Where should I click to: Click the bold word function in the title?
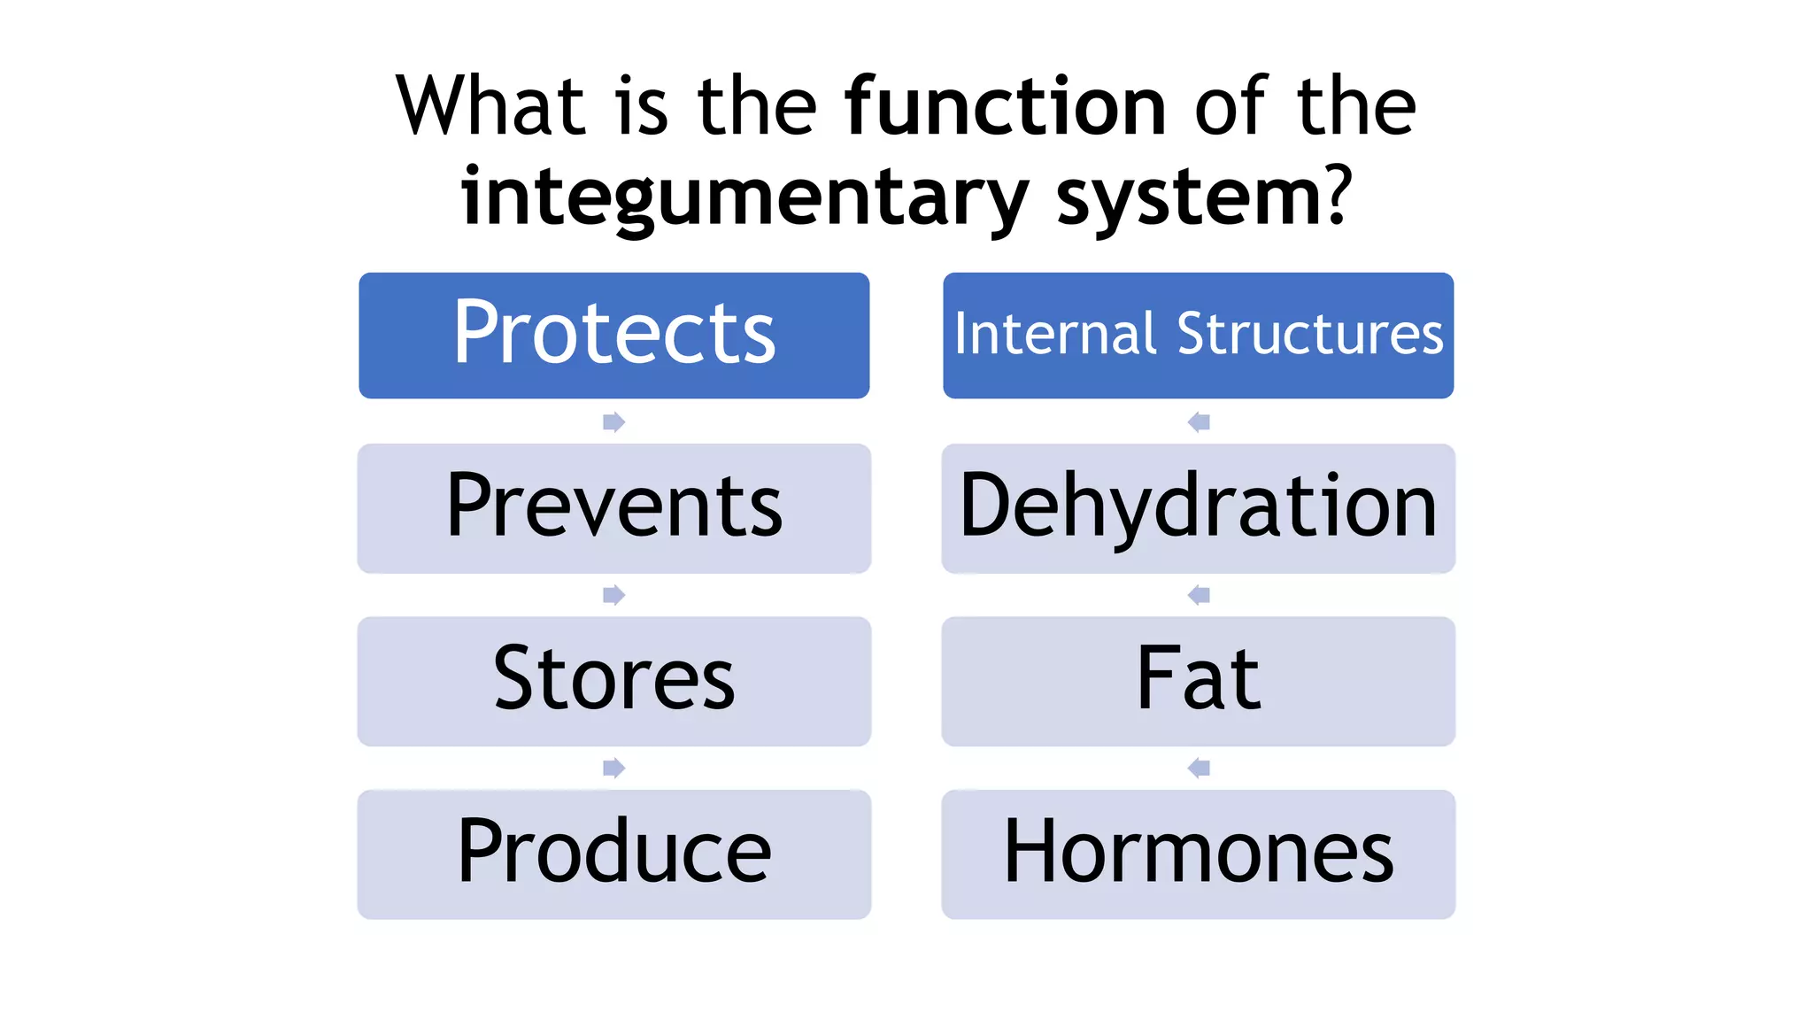pos(1006,106)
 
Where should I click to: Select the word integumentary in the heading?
pos(744,197)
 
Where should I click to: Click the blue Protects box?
pos(613,335)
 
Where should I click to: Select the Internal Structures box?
pos(1198,335)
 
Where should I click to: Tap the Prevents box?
pos(613,507)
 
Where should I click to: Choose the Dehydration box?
pos(1198,507)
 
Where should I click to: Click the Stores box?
pos(613,680)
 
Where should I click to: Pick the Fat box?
pos(1198,680)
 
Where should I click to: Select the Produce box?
pos(613,854)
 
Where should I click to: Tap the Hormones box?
pos(1198,854)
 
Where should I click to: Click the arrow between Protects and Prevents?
pos(613,421)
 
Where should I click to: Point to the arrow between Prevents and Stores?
pos(613,594)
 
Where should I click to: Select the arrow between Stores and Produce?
pos(613,768)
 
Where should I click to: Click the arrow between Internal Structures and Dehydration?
pos(1199,421)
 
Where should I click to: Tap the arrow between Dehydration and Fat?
pos(1199,594)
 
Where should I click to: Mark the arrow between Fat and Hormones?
pos(1199,768)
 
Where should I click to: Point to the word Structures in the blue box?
pos(1309,335)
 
